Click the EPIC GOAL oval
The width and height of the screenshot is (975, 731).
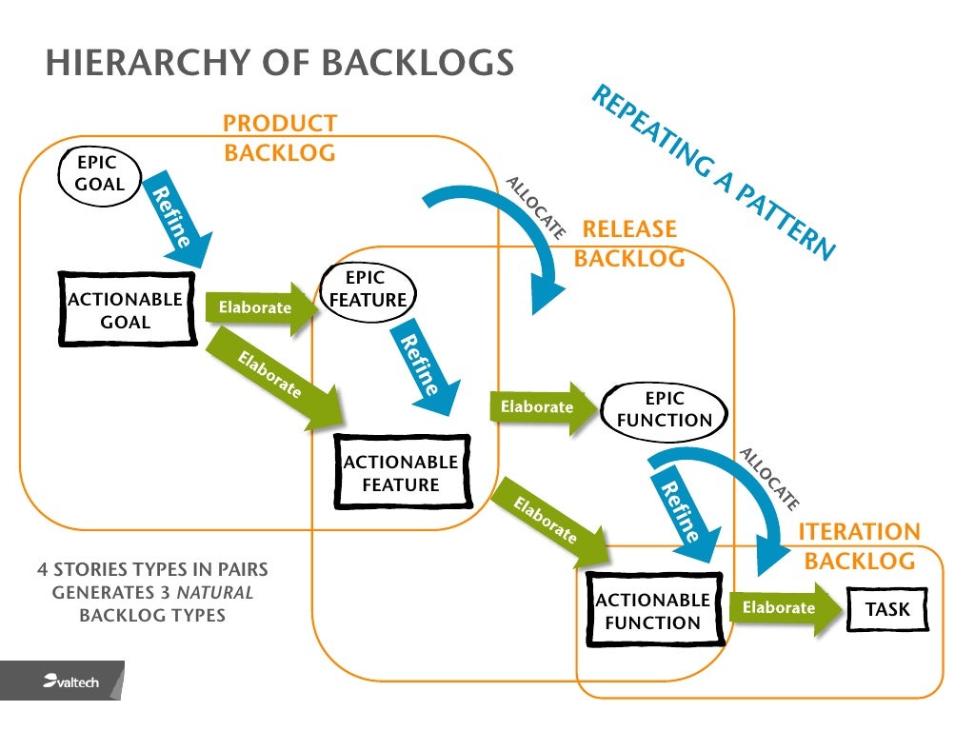[x=100, y=174]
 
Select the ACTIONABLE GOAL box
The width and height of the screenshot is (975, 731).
[x=127, y=310]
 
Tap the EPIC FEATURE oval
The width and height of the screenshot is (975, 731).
[x=368, y=289]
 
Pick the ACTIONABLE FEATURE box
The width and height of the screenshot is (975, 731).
[x=401, y=473]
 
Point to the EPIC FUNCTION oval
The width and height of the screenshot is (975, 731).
[x=665, y=409]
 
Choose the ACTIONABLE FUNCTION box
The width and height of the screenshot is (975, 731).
[x=652, y=611]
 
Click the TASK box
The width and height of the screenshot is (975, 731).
[x=886, y=609]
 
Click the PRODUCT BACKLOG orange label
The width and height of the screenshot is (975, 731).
[x=280, y=138]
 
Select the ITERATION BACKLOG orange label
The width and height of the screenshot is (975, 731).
[x=860, y=546]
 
